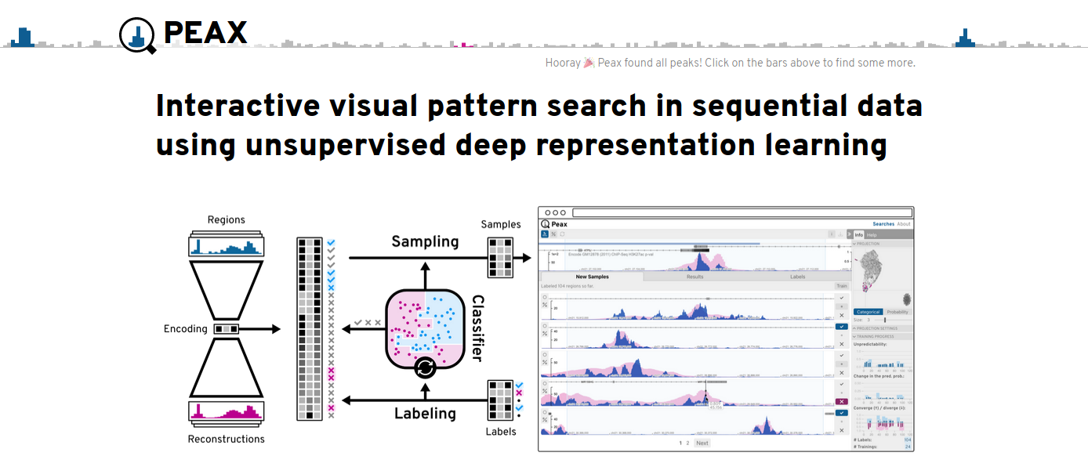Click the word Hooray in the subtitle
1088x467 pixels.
(563, 63)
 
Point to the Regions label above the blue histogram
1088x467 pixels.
(227, 220)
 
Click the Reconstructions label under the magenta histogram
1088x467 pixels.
(227, 439)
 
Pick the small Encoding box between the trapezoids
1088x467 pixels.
(227, 329)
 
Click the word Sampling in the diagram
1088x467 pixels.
(425, 241)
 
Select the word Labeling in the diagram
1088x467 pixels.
(425, 413)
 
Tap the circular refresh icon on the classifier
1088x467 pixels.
(425, 367)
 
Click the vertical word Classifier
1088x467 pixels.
(477, 328)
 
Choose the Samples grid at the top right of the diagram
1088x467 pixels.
(500, 257)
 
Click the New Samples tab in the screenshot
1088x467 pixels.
(592, 277)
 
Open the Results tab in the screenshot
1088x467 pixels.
(695, 277)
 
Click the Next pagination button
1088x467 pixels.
(702, 443)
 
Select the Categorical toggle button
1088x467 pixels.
(868, 312)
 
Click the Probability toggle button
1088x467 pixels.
(898, 312)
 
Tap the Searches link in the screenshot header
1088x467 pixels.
(883, 224)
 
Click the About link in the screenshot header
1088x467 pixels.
(904, 224)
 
